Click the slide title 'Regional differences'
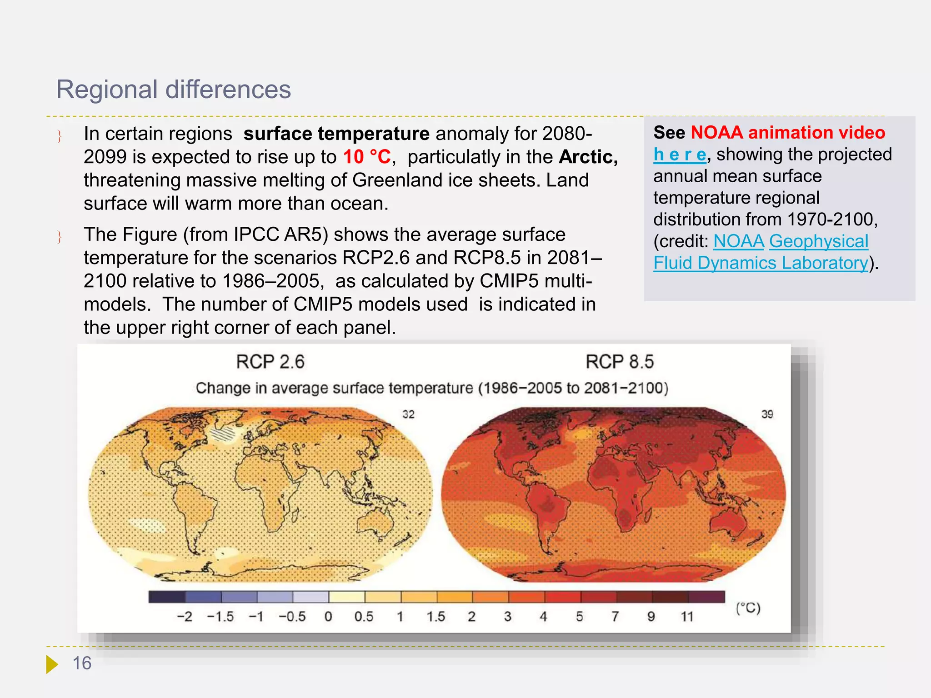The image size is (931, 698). tap(173, 89)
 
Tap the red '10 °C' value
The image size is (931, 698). tap(366, 157)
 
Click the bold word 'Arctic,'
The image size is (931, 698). tap(588, 157)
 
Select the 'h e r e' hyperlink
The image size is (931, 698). tap(680, 155)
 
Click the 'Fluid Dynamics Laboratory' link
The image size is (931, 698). tap(761, 263)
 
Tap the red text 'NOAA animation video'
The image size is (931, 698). tap(787, 133)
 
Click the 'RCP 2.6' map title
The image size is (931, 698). tap(270, 362)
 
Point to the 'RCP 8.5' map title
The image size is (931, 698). tap(619, 362)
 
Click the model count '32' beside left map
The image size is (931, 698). tap(408, 414)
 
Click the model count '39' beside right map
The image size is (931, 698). tap(767, 414)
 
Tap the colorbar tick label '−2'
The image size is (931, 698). tap(185, 617)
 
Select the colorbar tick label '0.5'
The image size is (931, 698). tap(364, 617)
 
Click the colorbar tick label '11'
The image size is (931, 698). tap(687, 617)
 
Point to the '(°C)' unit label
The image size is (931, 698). tap(748, 608)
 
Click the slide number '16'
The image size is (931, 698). tap(82, 663)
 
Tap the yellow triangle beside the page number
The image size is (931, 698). tap(51, 664)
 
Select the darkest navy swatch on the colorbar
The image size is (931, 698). tap(167, 597)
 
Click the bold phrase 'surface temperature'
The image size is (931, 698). tap(336, 134)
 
